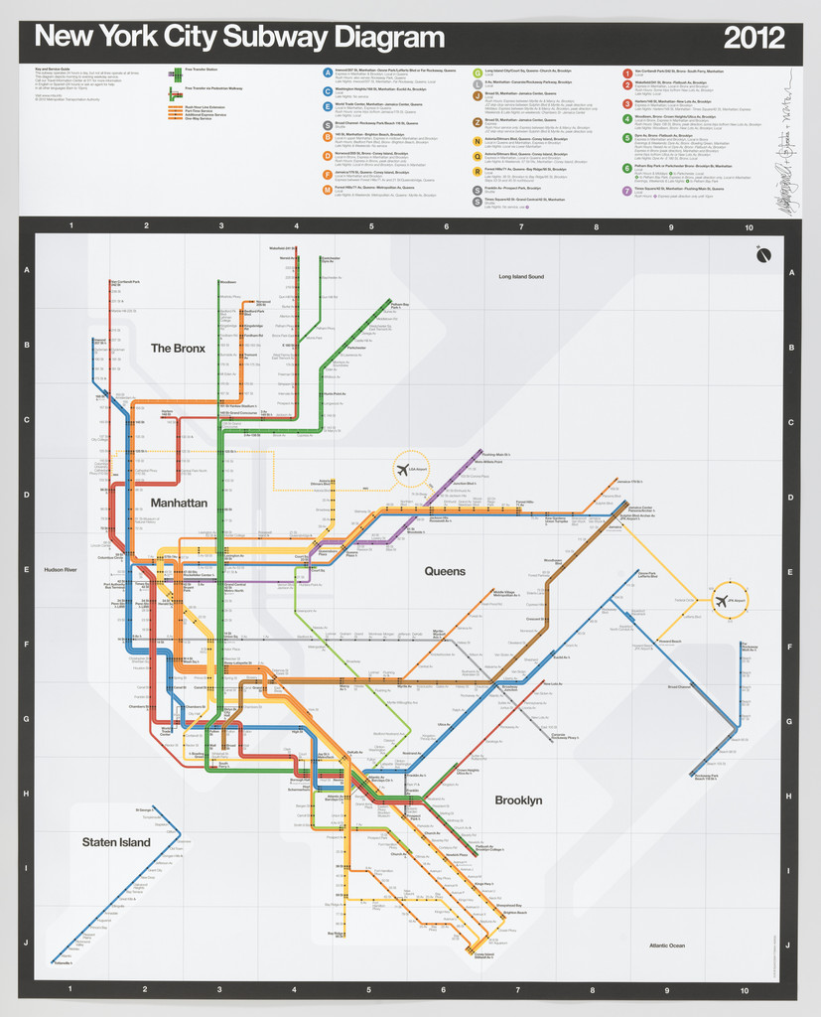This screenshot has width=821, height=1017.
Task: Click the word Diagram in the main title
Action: point(381,39)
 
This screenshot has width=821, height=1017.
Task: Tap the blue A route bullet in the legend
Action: point(328,73)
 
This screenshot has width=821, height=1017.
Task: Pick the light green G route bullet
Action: point(478,73)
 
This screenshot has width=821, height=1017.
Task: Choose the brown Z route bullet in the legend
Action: point(478,123)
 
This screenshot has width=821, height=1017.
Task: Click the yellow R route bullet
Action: point(478,172)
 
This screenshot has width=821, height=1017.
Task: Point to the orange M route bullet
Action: point(328,189)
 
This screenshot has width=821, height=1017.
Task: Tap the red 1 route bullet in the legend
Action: point(626,73)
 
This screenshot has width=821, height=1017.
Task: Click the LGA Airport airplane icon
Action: point(403,471)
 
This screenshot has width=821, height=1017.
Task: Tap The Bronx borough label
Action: point(178,349)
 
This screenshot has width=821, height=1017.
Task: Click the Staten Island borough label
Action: point(116,842)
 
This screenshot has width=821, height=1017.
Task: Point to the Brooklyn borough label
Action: point(518,799)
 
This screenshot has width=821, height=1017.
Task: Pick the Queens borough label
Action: point(445,571)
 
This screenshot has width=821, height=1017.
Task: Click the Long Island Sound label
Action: point(528,276)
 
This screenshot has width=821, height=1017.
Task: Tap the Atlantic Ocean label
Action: point(666,944)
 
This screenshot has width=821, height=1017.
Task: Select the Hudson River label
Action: point(61,570)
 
